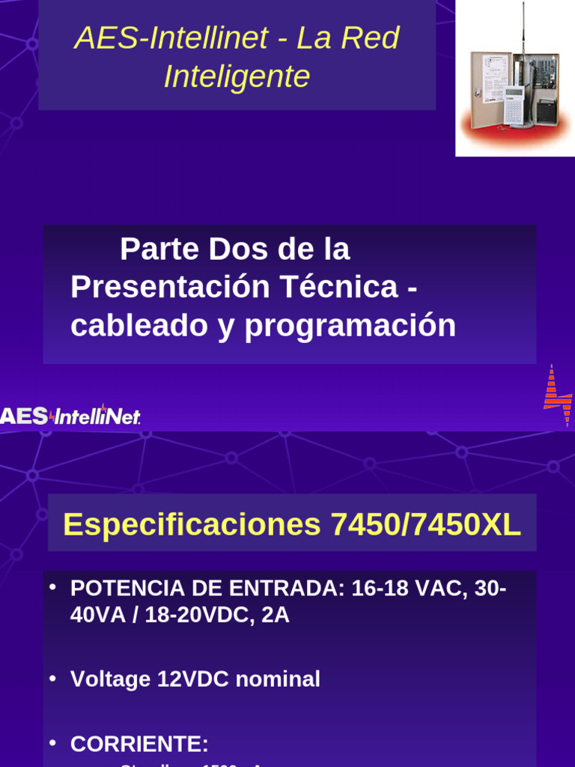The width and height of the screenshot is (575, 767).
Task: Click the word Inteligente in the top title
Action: coord(237,76)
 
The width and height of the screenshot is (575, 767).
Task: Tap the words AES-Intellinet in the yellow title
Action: coord(171,38)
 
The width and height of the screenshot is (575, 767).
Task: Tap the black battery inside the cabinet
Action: coord(547,112)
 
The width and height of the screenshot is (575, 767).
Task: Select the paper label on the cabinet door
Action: coord(493,78)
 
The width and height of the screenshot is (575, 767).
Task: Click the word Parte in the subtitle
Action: coord(160,249)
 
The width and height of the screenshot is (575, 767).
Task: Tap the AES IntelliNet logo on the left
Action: coord(70,416)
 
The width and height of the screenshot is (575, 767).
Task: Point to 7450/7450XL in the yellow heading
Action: coord(425,524)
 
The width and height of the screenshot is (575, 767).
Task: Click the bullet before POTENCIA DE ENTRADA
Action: coord(52,586)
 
